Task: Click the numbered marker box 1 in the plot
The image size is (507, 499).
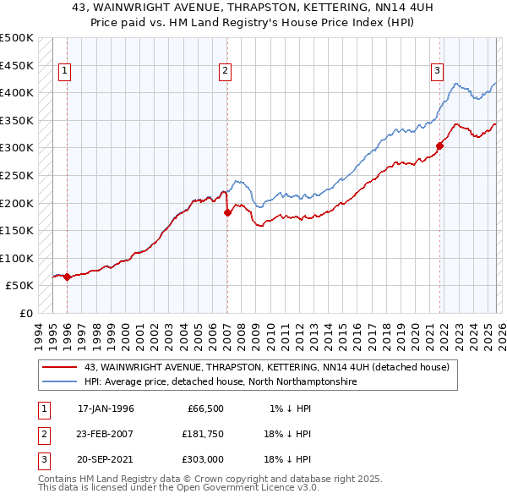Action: [65, 72]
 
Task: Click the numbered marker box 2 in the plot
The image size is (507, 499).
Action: [226, 72]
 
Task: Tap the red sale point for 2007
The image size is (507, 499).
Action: [227, 213]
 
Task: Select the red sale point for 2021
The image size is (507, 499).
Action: [440, 146]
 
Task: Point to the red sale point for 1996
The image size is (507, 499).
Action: [67, 277]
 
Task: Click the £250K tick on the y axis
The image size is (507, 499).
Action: [17, 175]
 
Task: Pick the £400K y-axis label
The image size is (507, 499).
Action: [17, 92]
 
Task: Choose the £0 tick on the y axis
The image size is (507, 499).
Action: [25, 313]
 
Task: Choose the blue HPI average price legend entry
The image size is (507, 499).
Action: [221, 382]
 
